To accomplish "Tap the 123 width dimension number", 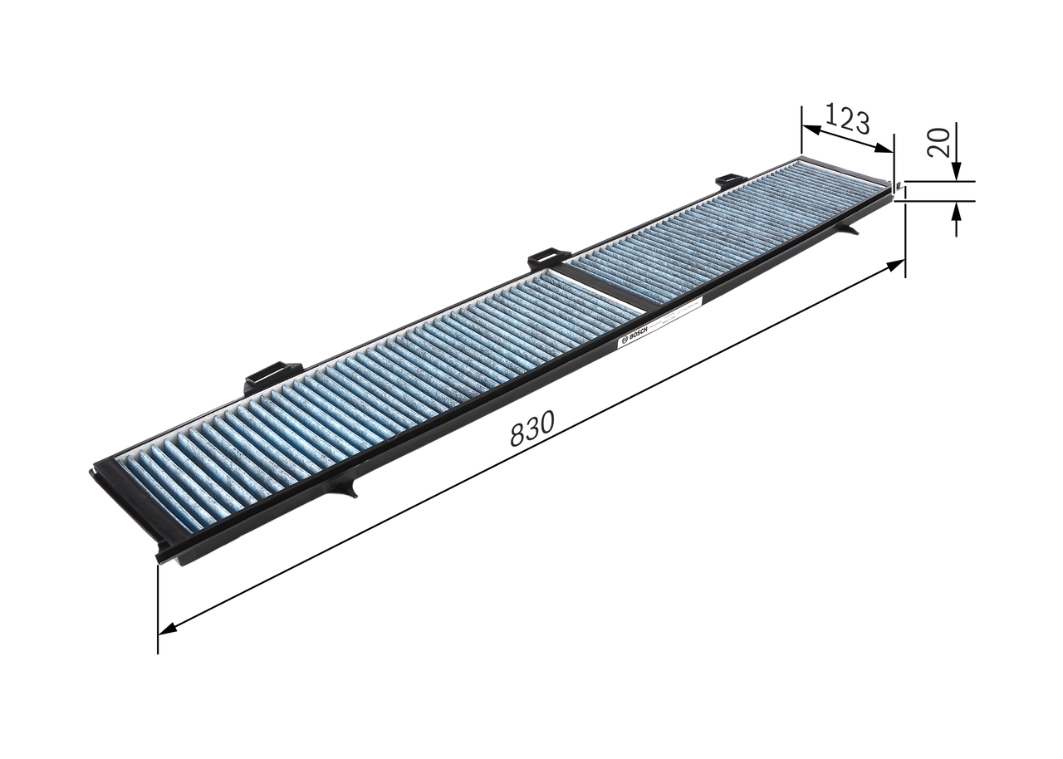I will pos(848,120).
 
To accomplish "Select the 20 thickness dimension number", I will pos(939,142).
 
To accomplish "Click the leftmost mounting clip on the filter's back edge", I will pos(272,376).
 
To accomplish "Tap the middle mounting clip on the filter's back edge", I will pos(549,259).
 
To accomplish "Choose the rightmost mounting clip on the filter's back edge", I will pos(731,180).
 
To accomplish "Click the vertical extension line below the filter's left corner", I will pos(158,606).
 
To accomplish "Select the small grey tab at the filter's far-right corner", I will pos(899,189).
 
